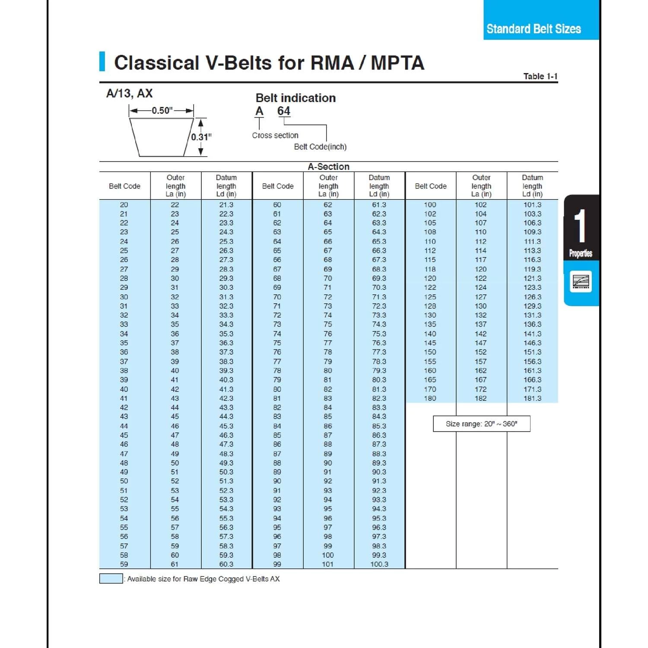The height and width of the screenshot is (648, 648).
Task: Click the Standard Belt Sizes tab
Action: pyautogui.click(x=534, y=29)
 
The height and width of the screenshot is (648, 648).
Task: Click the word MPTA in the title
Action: pyautogui.click(x=397, y=63)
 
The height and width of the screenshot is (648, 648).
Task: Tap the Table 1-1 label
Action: pyautogui.click(x=540, y=76)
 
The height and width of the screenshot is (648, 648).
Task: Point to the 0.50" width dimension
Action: pyautogui.click(x=162, y=111)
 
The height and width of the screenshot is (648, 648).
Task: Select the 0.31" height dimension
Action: pyautogui.click(x=201, y=137)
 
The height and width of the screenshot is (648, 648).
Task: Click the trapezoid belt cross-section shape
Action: pyautogui.click(x=162, y=137)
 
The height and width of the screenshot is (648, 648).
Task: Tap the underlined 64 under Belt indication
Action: pyautogui.click(x=284, y=111)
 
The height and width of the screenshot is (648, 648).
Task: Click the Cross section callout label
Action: pyautogui.click(x=275, y=136)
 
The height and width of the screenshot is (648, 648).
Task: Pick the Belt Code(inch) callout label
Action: pyautogui.click(x=320, y=147)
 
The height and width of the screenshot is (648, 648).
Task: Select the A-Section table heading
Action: pyautogui.click(x=328, y=167)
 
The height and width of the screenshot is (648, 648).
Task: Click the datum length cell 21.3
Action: pyautogui.click(x=226, y=205)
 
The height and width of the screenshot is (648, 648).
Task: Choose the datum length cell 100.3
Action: pyautogui.click(x=379, y=564)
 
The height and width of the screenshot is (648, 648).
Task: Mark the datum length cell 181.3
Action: pyautogui.click(x=532, y=398)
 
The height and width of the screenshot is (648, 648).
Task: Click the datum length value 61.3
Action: pyautogui.click(x=379, y=205)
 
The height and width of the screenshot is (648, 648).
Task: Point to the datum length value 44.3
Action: pyautogui.click(x=226, y=416)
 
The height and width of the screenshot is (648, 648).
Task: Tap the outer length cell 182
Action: pyautogui.click(x=480, y=398)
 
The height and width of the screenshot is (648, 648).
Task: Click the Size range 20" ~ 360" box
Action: pyautogui.click(x=481, y=424)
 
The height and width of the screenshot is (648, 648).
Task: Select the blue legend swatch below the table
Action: pyautogui.click(x=111, y=579)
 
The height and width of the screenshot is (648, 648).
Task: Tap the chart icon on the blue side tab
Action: pyautogui.click(x=581, y=281)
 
